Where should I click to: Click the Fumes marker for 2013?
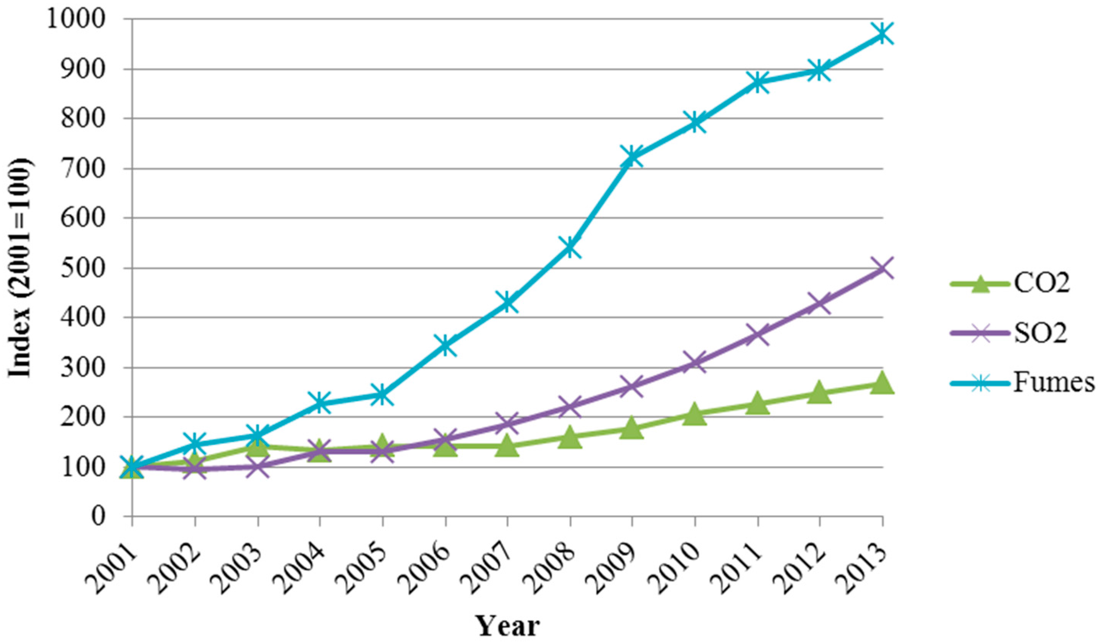pos(882,34)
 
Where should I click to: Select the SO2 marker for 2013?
pos(882,268)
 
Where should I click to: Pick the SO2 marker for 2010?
pos(695,363)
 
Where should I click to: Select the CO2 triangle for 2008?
pos(569,437)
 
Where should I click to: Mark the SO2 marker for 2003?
pos(258,467)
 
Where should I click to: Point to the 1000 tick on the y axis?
pos(85,19)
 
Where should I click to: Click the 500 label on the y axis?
pos(92,268)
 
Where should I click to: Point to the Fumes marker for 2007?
pos(507,302)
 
